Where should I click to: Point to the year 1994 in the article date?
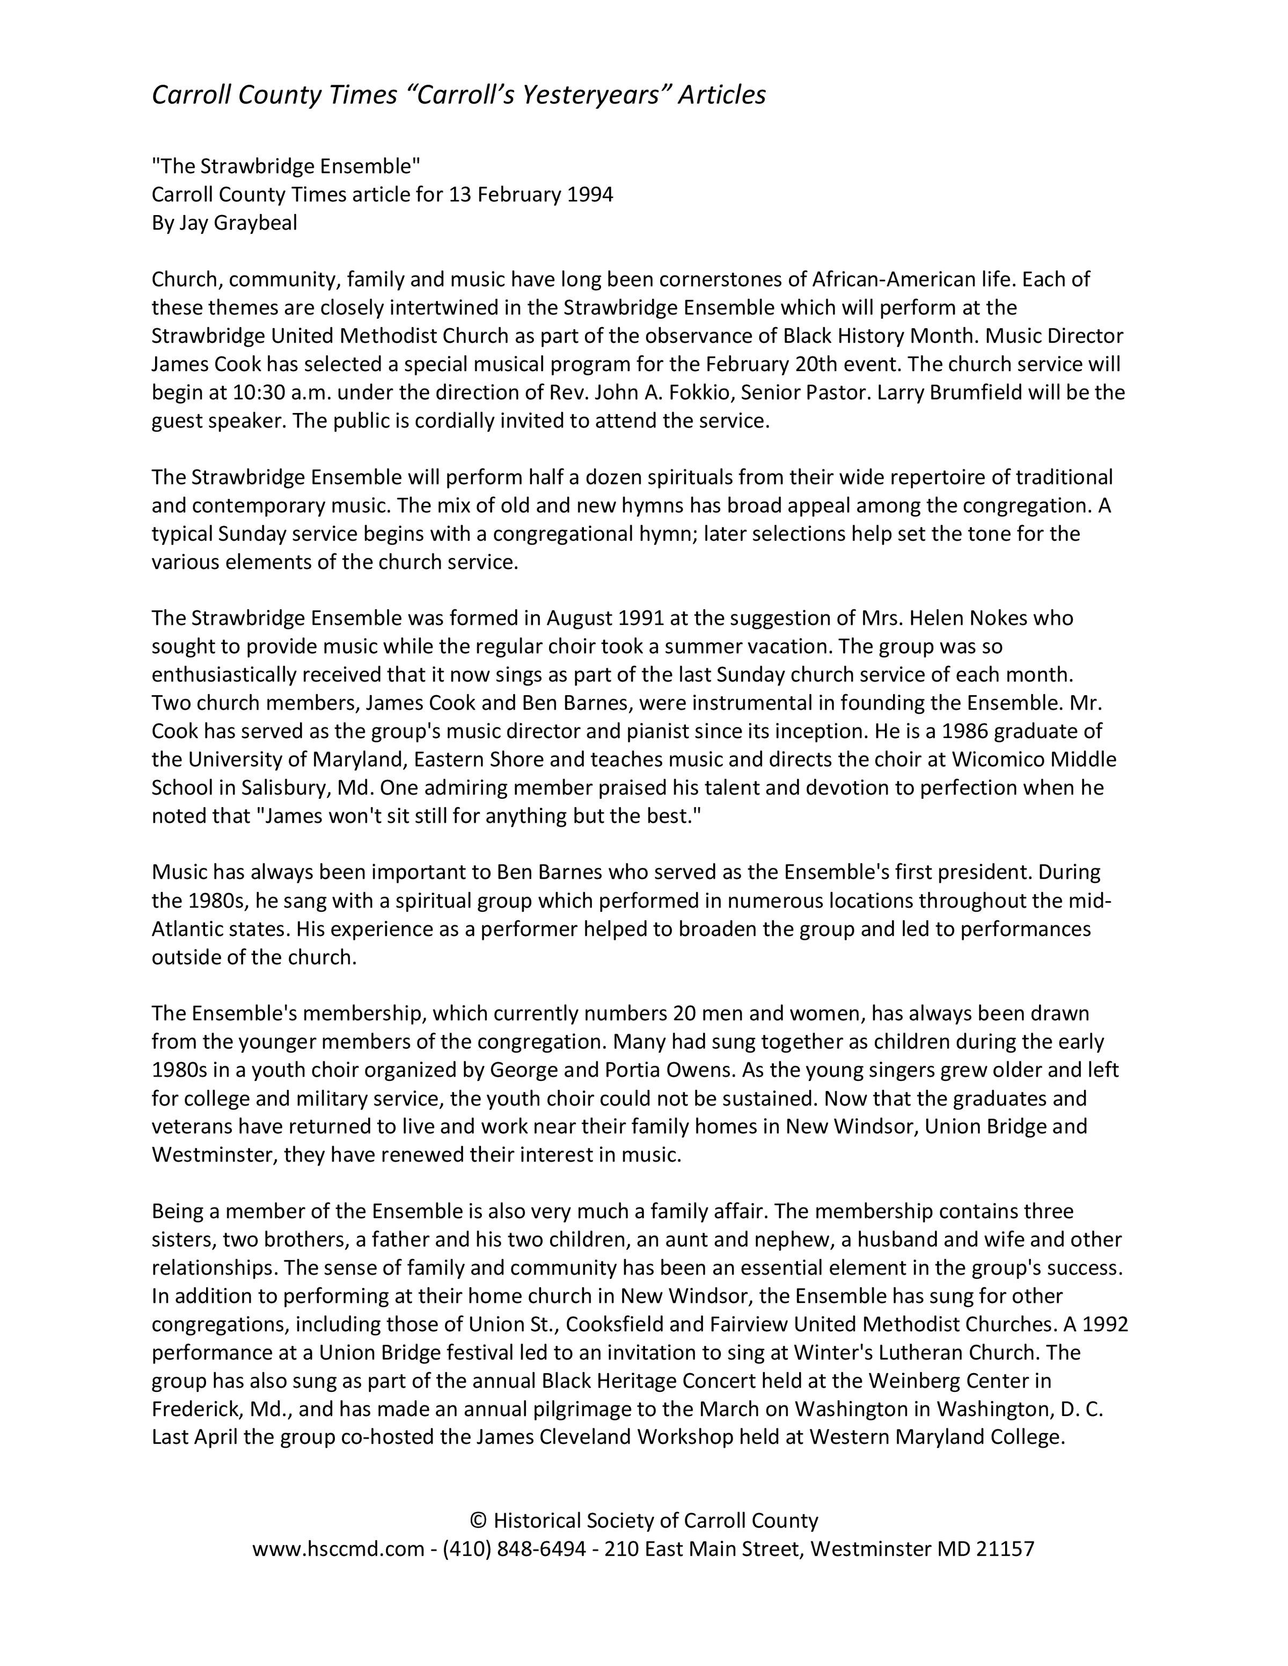(x=590, y=195)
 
